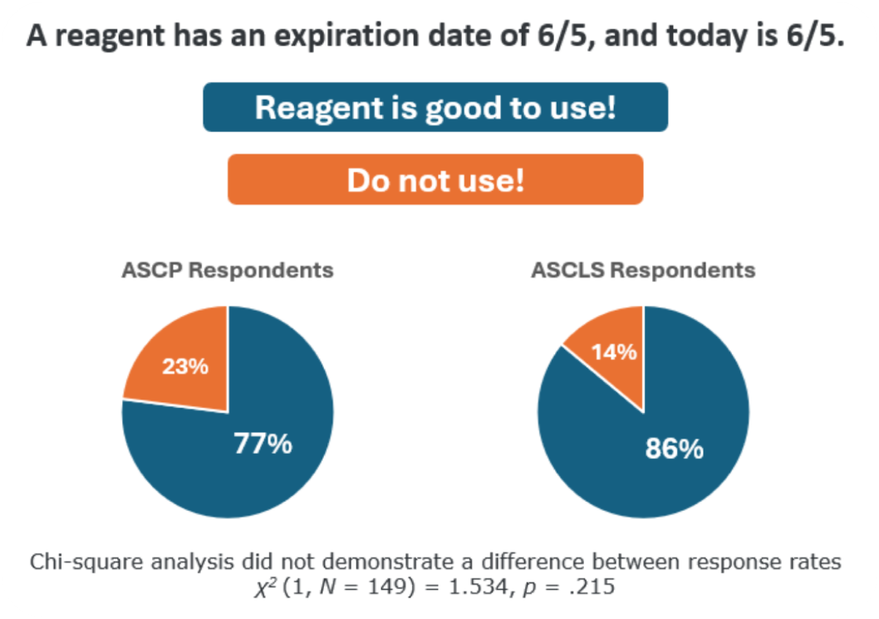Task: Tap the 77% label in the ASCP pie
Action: pyautogui.click(x=262, y=445)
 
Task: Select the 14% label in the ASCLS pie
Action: pyautogui.click(x=614, y=351)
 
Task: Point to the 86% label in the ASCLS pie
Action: pyautogui.click(x=675, y=450)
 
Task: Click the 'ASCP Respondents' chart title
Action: pyautogui.click(x=227, y=271)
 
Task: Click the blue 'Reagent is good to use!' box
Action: pyautogui.click(x=435, y=107)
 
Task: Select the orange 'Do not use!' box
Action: pyautogui.click(x=435, y=179)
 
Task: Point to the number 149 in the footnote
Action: pyautogui.click(x=394, y=587)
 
